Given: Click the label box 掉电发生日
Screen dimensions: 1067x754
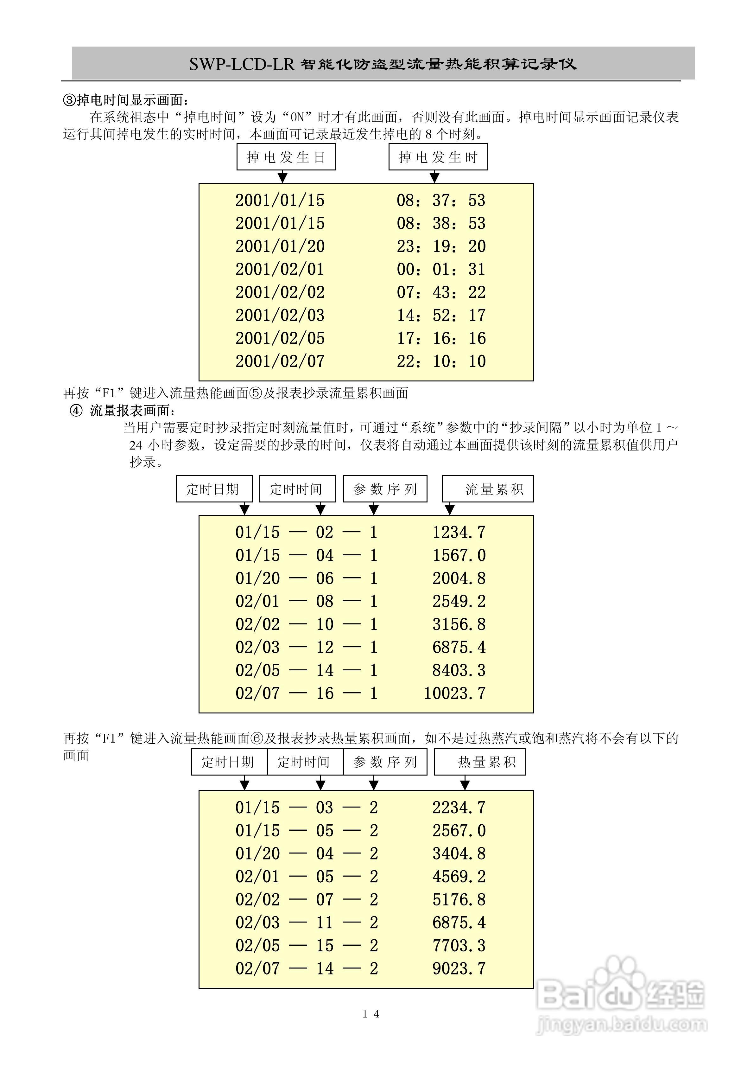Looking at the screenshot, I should click(286, 157).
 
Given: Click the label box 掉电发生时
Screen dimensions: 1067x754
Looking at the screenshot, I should click(438, 157).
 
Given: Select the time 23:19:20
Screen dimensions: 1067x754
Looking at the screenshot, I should click(441, 246).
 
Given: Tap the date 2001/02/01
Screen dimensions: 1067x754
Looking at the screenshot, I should click(280, 269).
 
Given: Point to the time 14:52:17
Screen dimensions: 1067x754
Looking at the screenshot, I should click(441, 315).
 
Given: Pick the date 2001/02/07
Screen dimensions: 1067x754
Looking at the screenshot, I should click(280, 361).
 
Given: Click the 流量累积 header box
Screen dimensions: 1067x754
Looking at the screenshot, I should click(487, 489).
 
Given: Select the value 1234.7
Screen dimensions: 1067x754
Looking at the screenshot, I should click(459, 533).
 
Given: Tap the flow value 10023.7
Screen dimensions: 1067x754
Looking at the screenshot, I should click(454, 693).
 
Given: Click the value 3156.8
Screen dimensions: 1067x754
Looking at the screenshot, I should click(459, 624).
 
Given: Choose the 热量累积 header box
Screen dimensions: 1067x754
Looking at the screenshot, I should click(480, 762).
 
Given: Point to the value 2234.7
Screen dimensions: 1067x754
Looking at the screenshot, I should click(459, 808).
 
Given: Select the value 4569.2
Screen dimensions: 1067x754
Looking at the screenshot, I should click(459, 877).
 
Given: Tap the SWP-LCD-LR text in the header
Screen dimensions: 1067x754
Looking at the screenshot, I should click(242, 64).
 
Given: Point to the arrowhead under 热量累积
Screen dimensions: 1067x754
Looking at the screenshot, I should click(465, 785).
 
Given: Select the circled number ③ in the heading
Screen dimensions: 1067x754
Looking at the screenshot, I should click(69, 100).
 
